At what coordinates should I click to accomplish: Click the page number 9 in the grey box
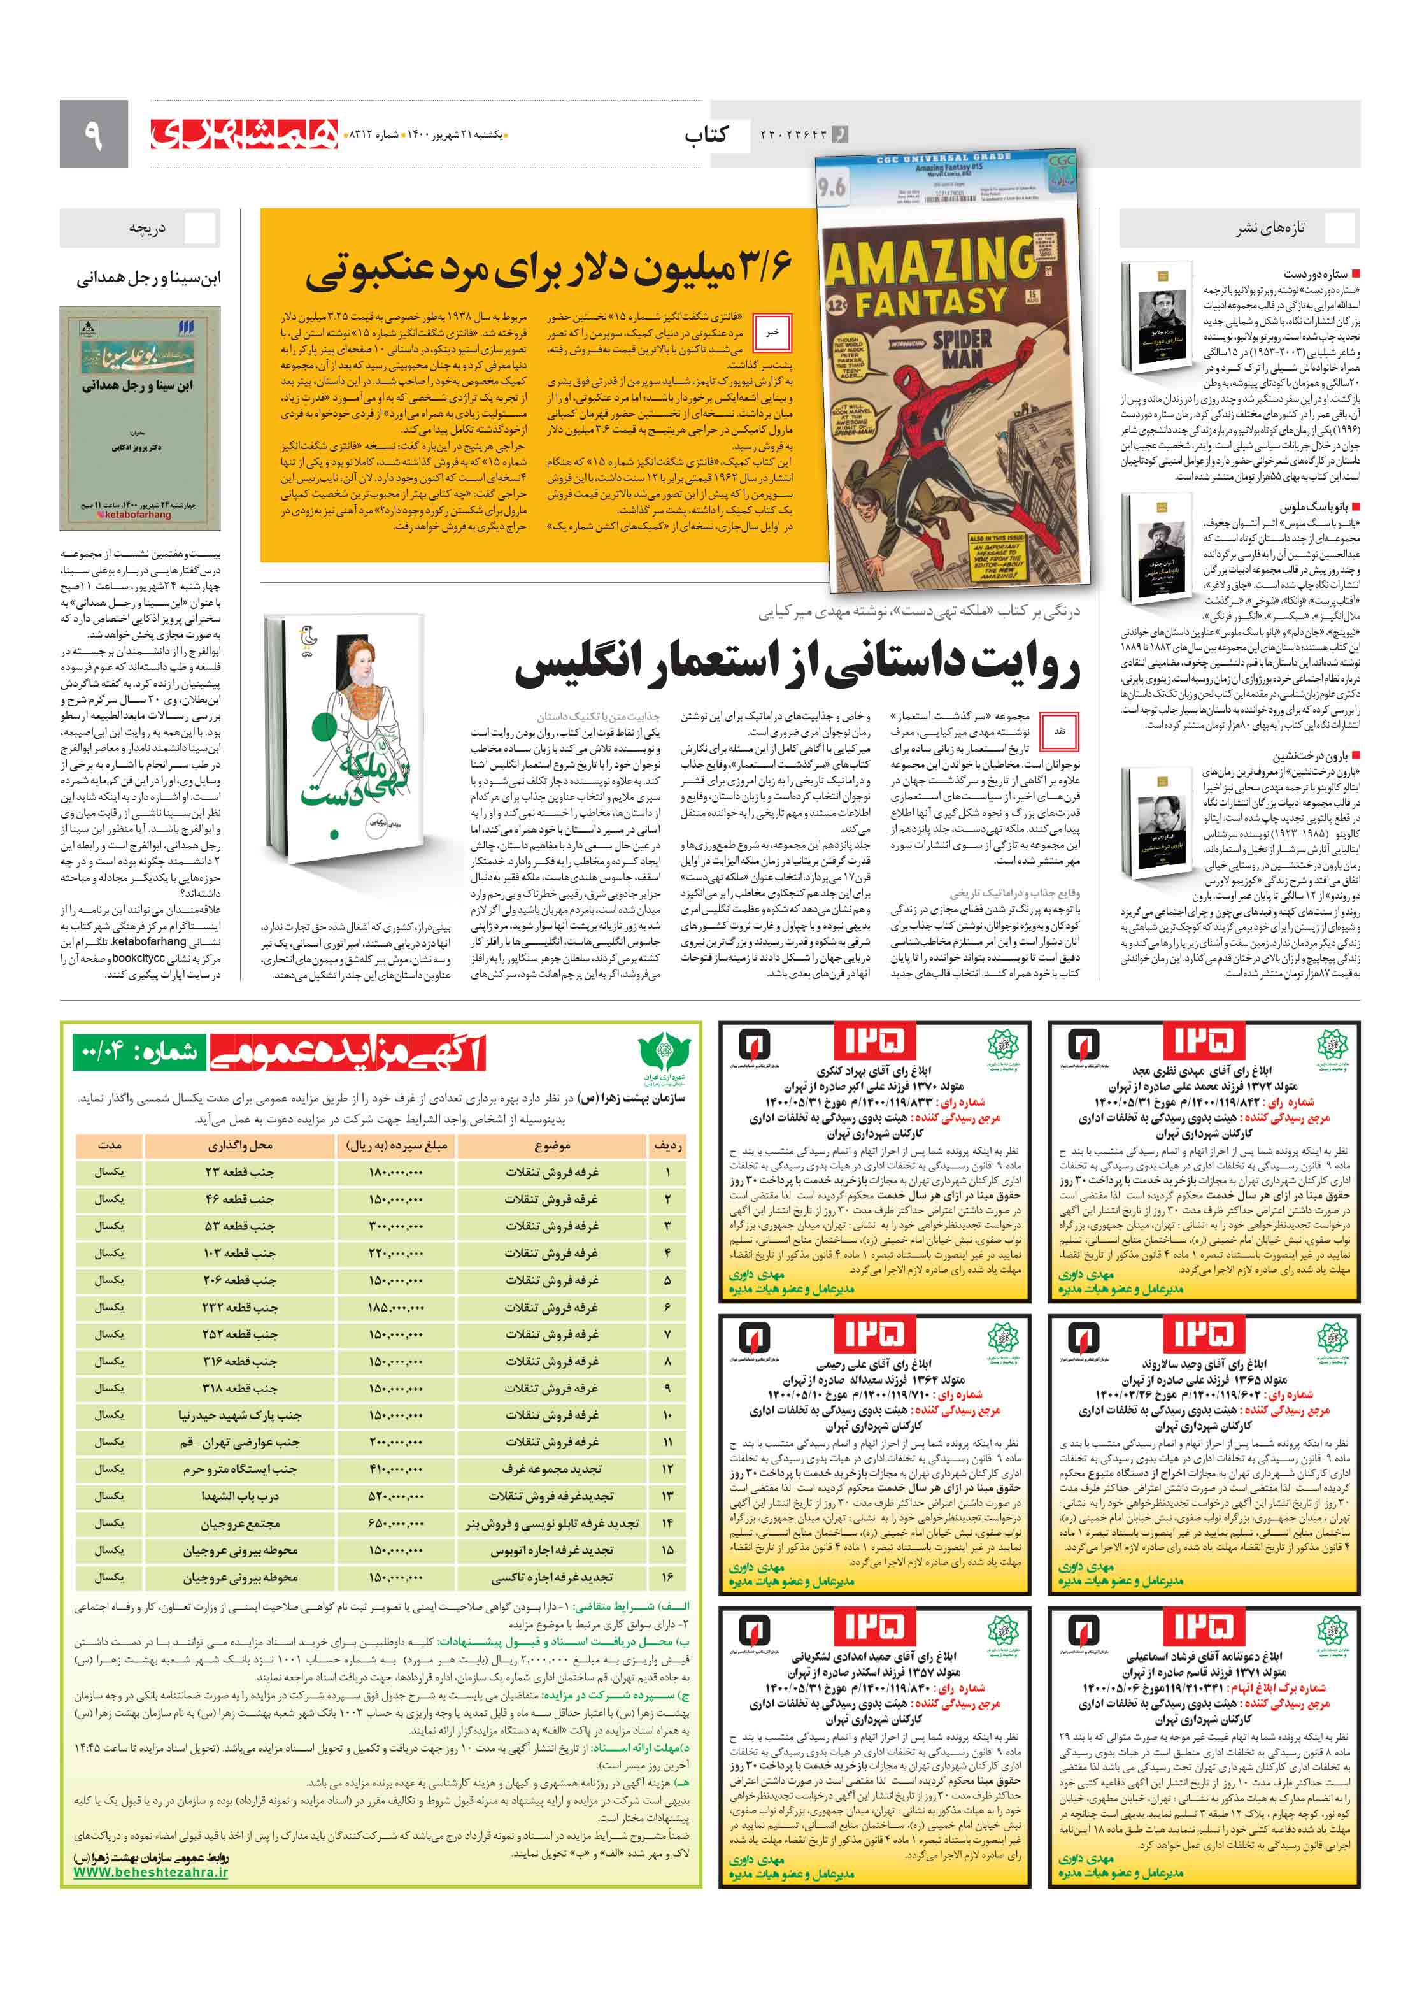pyautogui.click(x=93, y=134)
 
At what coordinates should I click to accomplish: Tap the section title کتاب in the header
pyautogui.click(x=706, y=135)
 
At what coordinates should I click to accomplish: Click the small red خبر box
pyautogui.click(x=772, y=332)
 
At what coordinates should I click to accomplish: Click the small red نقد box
pyautogui.click(x=1059, y=731)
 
